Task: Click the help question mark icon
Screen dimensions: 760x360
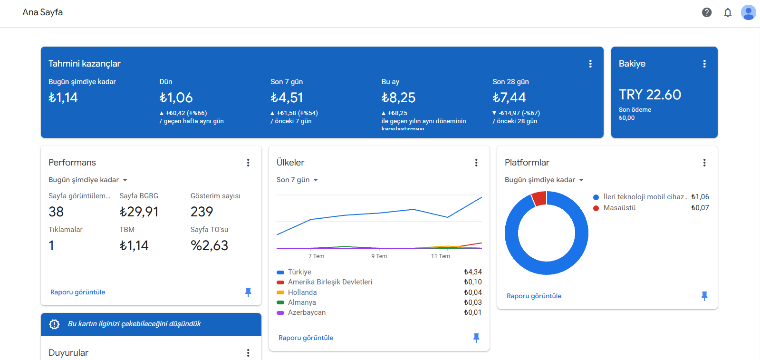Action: point(707,12)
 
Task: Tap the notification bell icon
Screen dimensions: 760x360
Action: point(727,12)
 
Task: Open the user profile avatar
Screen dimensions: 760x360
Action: point(748,12)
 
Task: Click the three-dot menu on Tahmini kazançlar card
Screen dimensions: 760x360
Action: point(590,64)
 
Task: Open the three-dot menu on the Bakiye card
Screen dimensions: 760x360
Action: point(704,64)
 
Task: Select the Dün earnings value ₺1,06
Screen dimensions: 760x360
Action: point(176,98)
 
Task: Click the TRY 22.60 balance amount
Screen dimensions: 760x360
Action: point(650,95)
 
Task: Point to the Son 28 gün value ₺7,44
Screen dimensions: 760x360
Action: point(509,98)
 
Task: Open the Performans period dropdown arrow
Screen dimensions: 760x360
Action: point(125,180)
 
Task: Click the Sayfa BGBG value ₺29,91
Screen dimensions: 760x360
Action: point(139,212)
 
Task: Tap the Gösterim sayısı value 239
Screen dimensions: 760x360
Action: point(202,212)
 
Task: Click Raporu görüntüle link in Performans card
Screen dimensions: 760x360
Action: point(77,292)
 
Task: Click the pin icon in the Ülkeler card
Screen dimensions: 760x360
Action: point(476,338)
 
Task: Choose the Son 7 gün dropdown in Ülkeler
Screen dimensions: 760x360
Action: point(297,180)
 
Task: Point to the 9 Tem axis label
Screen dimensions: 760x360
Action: point(379,256)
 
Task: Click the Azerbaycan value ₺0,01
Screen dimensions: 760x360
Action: point(472,312)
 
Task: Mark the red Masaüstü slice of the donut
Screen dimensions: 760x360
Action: point(539,198)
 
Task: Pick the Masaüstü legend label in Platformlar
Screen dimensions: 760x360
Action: point(619,208)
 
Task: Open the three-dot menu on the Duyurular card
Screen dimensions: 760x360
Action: point(248,353)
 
